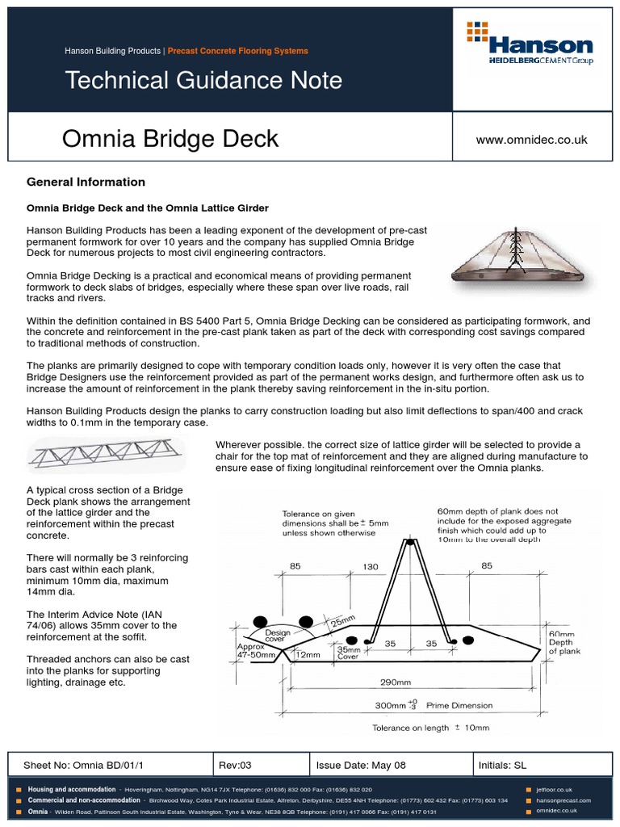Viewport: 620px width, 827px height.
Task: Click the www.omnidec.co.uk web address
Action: click(x=531, y=140)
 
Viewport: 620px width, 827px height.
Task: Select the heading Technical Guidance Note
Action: click(x=203, y=80)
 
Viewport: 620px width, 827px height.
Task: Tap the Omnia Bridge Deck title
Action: click(x=170, y=139)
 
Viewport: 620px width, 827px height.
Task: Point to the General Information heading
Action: click(x=86, y=182)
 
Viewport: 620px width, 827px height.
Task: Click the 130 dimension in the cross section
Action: click(x=371, y=567)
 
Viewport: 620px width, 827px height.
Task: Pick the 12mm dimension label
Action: click(x=308, y=654)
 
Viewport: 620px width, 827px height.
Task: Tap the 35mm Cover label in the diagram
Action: click(x=348, y=653)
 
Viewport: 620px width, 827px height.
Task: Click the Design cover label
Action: click(x=277, y=637)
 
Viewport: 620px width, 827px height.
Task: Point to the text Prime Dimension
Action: click(x=459, y=705)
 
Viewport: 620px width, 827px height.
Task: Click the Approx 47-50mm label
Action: click(x=256, y=652)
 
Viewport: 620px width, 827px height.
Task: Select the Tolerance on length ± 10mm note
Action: click(x=430, y=727)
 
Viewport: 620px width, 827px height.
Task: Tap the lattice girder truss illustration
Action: click(x=106, y=455)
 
